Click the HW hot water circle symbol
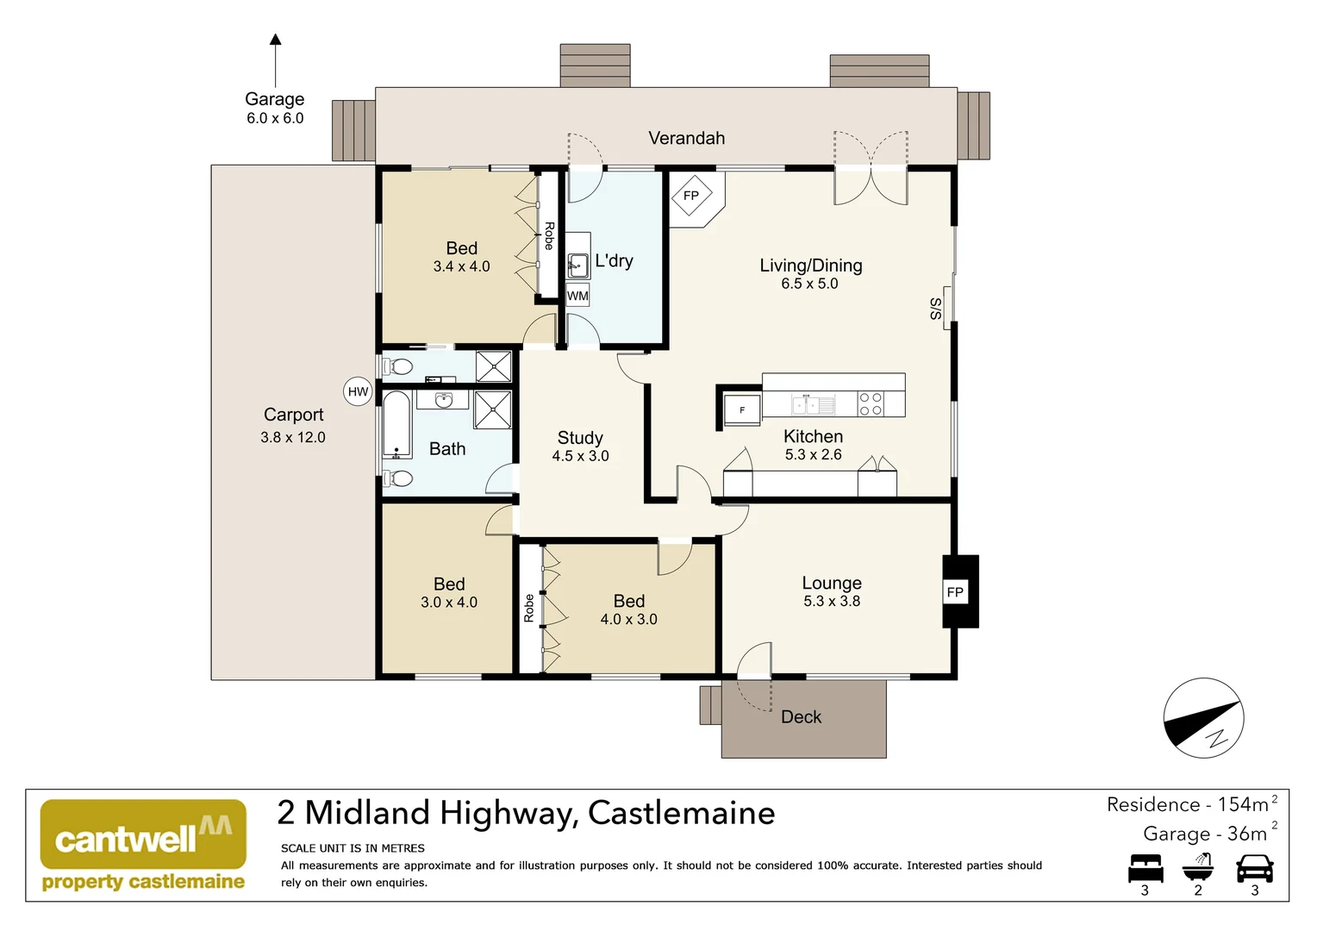tap(358, 391)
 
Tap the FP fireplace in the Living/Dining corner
tap(691, 197)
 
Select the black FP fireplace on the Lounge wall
tap(956, 591)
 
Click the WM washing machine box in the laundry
tap(577, 296)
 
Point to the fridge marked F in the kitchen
tap(742, 410)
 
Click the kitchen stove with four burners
tap(871, 404)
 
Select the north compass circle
tap(1203, 718)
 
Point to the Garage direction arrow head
tap(275, 40)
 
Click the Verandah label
tap(686, 138)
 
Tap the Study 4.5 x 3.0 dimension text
tap(580, 456)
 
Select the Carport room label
tap(293, 415)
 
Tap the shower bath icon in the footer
tap(1198, 866)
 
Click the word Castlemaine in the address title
tap(681, 813)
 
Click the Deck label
tap(801, 717)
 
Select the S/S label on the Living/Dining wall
tap(936, 309)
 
